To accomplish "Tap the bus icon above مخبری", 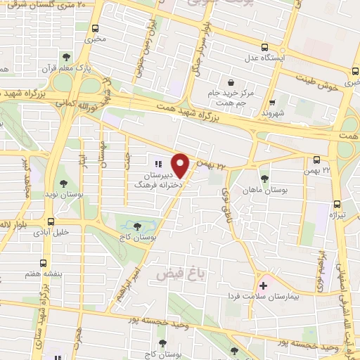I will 96,30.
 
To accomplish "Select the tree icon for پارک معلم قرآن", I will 67,57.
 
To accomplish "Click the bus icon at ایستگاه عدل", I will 264,48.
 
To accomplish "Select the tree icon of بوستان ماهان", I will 264,178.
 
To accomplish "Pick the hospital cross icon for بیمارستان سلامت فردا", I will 264,286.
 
